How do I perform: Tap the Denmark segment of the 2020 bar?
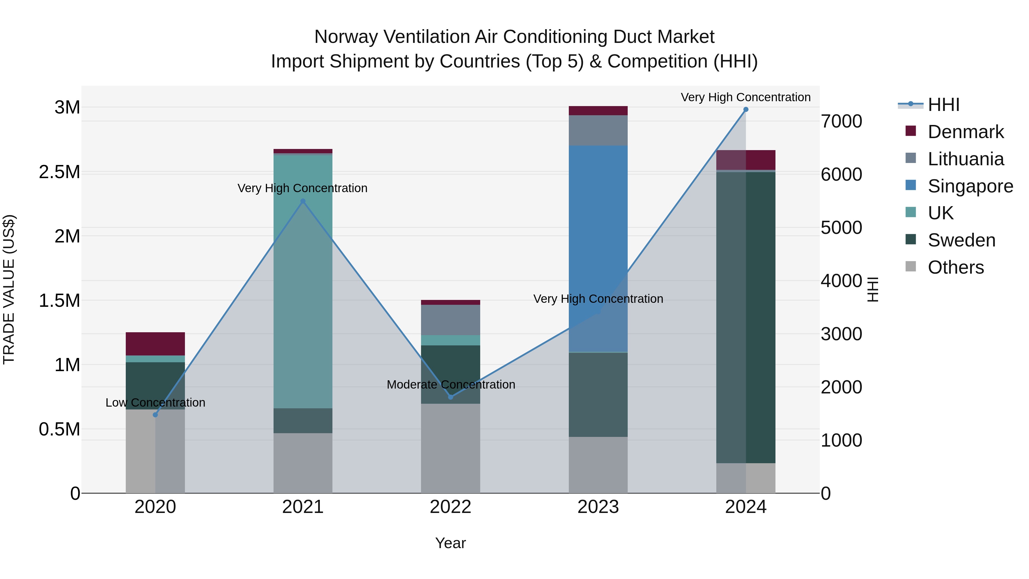(x=155, y=344)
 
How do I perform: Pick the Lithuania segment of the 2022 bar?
(x=450, y=320)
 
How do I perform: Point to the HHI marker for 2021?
(x=303, y=201)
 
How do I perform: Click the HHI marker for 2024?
(x=746, y=109)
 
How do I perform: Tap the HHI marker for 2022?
(x=450, y=397)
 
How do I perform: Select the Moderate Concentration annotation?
(x=450, y=384)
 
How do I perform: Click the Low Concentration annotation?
(x=155, y=402)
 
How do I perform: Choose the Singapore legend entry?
(x=970, y=186)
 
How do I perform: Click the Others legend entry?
(x=956, y=267)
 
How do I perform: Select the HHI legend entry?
(x=943, y=105)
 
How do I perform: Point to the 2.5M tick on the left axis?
(x=59, y=172)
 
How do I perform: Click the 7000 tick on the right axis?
(x=841, y=122)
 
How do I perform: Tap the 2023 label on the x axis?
(x=598, y=507)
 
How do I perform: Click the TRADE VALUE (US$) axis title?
(x=9, y=289)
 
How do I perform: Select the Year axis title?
(x=450, y=543)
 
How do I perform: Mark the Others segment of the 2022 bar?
(x=450, y=447)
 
